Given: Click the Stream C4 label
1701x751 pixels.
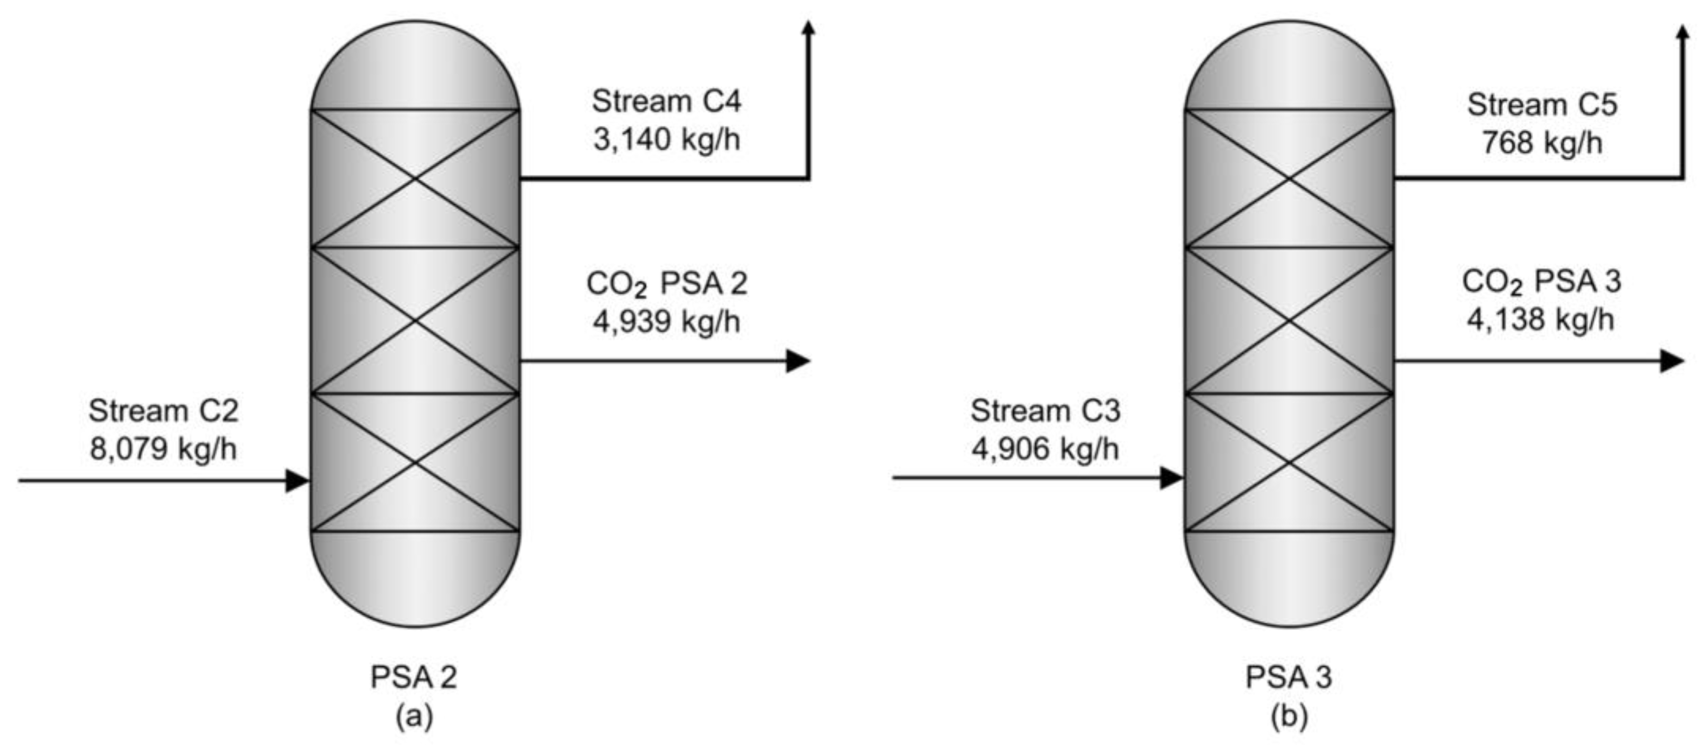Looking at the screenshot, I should (667, 102).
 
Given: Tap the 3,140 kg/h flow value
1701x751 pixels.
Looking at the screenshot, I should (667, 140).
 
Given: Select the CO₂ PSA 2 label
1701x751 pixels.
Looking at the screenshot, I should (667, 284).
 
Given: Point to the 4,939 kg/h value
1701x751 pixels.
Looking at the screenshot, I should (667, 322).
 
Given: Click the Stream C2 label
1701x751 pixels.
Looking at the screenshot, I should (163, 411).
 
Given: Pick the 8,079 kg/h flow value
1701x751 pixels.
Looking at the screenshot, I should (163, 449).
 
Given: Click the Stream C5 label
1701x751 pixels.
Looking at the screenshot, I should (1542, 105).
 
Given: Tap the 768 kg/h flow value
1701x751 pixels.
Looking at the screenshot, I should (1542, 143).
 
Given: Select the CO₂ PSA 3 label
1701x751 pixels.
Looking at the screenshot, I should (1541, 282).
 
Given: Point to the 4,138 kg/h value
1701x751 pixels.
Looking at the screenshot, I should (1541, 320).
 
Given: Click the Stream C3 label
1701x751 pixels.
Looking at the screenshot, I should (1046, 411).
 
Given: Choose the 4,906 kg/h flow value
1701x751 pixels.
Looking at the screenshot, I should (1046, 449).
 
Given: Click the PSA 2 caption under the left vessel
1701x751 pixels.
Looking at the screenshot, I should (414, 678).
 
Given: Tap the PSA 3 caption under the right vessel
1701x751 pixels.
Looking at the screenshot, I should (1289, 678).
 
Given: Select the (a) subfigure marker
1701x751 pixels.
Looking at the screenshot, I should (414, 717).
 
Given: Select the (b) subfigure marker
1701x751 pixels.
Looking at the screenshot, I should (1289, 717).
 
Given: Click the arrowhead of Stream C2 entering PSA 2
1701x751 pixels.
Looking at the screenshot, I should (297, 480).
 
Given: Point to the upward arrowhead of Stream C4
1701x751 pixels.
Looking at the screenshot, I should (808, 28).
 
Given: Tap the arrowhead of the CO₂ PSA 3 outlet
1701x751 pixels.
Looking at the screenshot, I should (1672, 361).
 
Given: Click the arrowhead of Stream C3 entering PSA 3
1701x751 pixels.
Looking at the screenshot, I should (1172, 477).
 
